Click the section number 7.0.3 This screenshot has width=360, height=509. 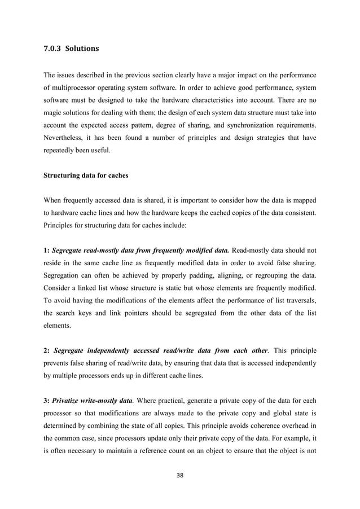coord(52,49)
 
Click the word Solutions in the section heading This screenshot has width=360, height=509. coord(82,49)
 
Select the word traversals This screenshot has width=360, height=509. coord(300,293)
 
